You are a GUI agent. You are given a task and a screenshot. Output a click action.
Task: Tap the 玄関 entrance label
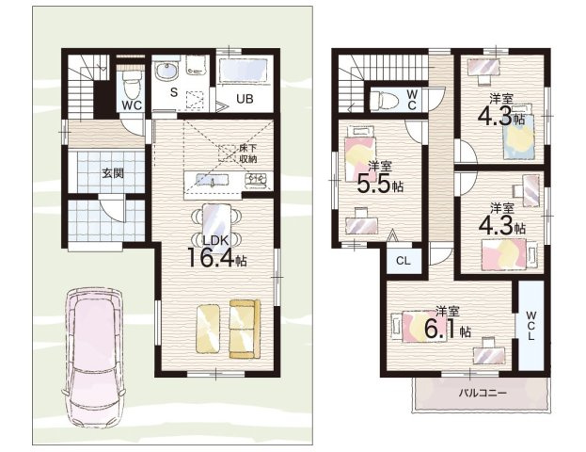coord(113,173)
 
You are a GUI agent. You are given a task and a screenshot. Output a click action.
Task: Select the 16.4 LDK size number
coord(211,257)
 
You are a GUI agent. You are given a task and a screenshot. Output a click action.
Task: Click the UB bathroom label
coord(245,99)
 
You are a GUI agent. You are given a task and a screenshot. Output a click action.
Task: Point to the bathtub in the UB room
coord(244,71)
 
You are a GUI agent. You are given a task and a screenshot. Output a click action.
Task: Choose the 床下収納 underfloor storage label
coord(247,153)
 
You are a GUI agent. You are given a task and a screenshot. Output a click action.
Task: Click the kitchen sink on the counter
coord(212,180)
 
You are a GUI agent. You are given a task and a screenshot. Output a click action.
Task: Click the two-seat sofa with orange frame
coord(245,329)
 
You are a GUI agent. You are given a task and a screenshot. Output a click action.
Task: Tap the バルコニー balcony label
coord(483,393)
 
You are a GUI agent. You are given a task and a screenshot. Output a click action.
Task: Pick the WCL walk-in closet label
coord(531,325)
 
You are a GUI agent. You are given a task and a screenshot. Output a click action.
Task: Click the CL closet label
coord(403,261)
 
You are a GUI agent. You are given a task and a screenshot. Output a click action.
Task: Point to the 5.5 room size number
coord(373,184)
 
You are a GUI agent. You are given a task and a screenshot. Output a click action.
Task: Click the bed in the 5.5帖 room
coord(359,153)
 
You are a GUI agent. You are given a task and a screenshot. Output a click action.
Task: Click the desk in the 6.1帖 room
coord(489,351)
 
